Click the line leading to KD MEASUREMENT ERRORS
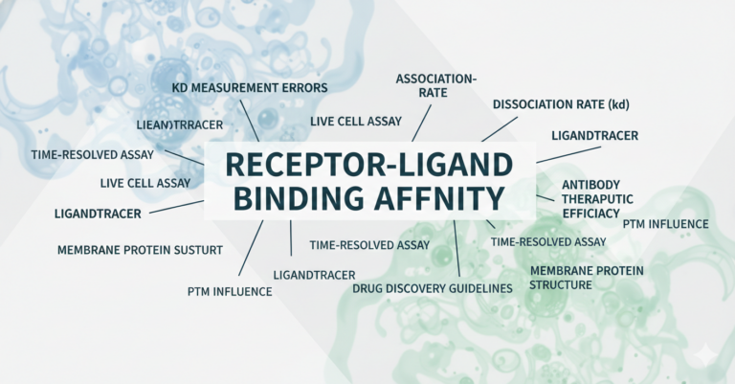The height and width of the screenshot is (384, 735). tap(252, 125)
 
